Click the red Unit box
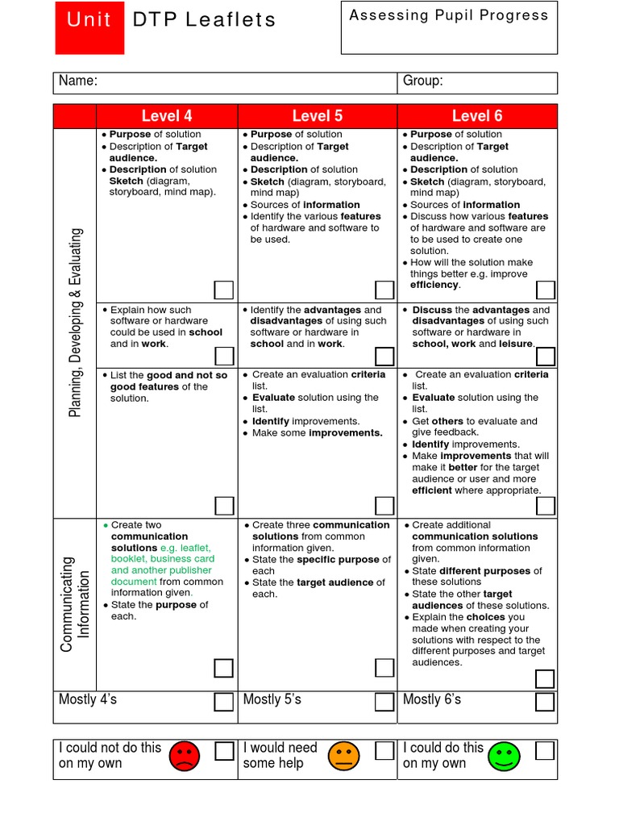[89, 28]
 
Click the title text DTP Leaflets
[204, 20]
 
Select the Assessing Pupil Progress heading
[448, 15]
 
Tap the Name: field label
[78, 81]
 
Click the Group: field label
[422, 81]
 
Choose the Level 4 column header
[167, 116]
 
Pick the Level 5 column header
[317, 116]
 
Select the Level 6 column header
[476, 116]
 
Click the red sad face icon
[184, 756]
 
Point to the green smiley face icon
[505, 756]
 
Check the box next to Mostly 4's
[223, 701]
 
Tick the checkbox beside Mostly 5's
[384, 701]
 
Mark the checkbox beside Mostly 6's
[546, 701]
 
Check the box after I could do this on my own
[546, 751]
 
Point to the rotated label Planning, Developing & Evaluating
[75, 323]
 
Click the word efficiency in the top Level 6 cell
[434, 286]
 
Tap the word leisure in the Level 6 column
[516, 344]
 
